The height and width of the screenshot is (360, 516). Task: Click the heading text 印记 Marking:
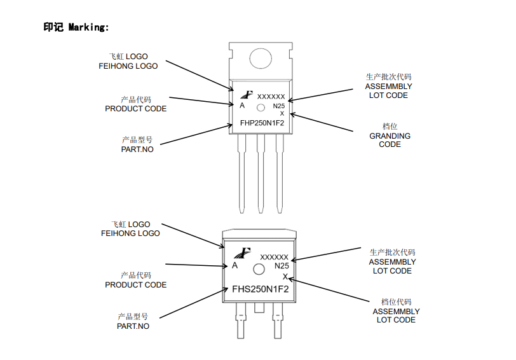click(x=76, y=27)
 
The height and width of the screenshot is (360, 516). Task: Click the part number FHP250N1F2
click(x=261, y=123)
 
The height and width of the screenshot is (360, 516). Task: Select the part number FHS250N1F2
click(x=260, y=289)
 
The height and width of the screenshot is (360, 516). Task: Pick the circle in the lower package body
click(x=259, y=270)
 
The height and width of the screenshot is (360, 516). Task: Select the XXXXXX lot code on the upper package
click(x=271, y=97)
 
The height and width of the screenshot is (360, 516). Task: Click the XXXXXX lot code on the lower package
click(x=274, y=256)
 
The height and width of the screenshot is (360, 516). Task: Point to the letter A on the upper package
click(x=242, y=105)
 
